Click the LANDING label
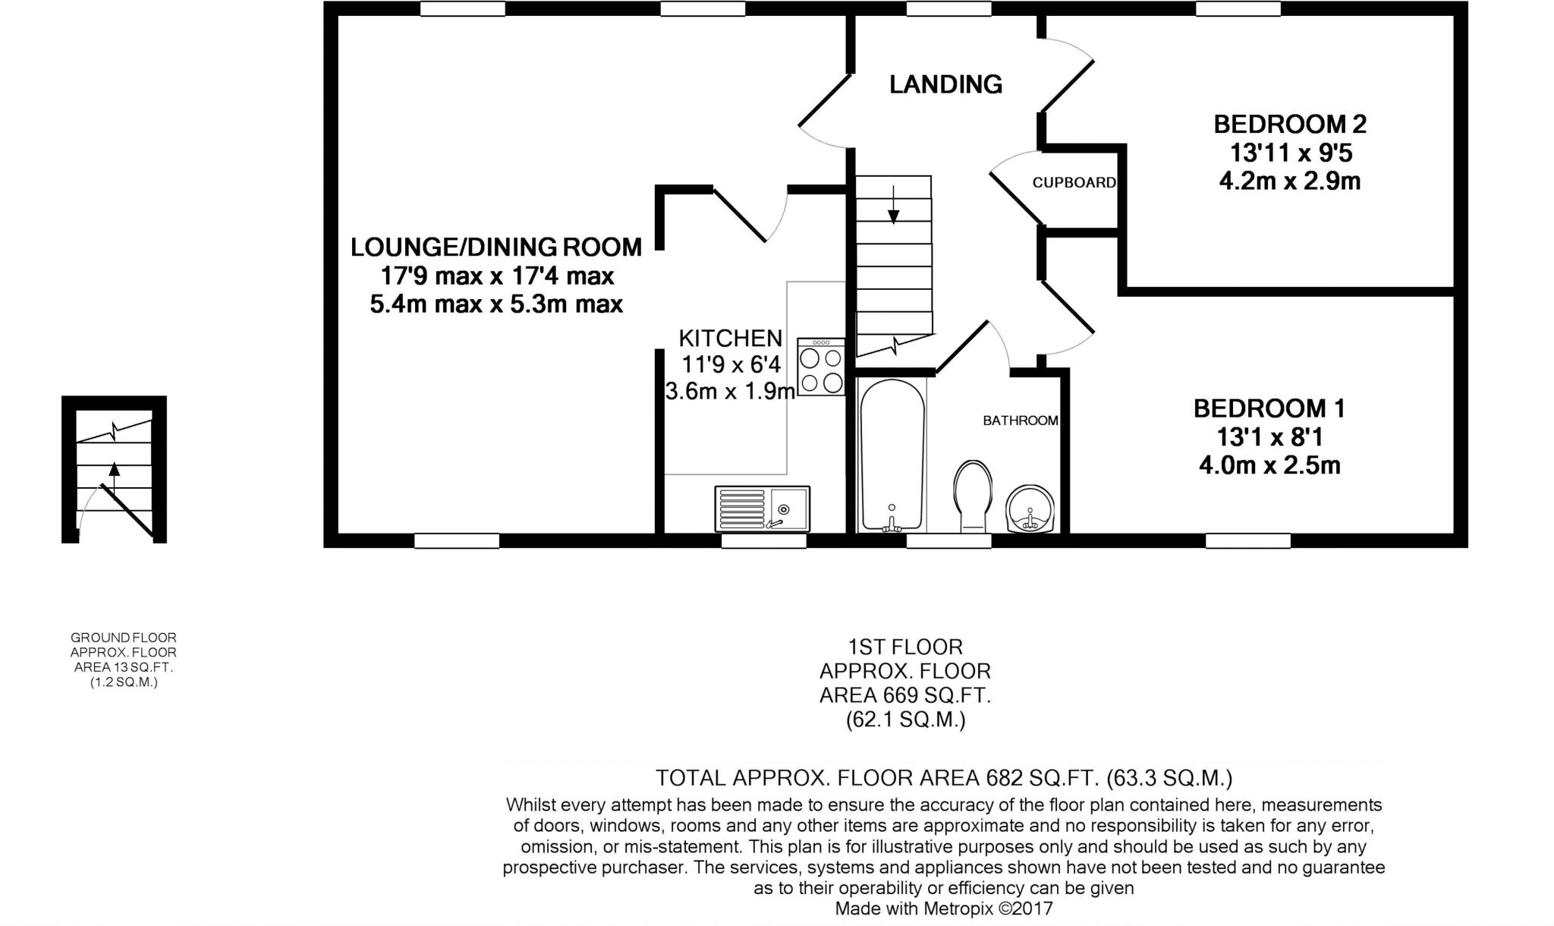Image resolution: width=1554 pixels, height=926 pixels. click(945, 84)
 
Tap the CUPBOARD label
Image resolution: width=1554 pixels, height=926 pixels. click(1074, 182)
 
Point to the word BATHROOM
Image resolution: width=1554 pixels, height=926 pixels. click(1021, 420)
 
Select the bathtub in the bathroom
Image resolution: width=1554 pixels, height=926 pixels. click(892, 455)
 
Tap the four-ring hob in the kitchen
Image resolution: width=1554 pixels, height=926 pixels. click(821, 367)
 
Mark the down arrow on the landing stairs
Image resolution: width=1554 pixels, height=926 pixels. click(893, 205)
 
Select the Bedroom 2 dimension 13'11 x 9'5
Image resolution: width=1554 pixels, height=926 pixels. click(1291, 153)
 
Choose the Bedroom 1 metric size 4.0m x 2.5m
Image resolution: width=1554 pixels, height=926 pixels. click(1269, 465)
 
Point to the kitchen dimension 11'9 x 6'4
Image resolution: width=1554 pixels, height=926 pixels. click(731, 365)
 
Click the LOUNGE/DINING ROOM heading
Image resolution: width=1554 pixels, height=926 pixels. click(496, 247)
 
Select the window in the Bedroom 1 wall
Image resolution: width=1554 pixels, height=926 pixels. click(1248, 540)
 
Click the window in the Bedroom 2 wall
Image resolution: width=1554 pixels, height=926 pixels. click(1238, 8)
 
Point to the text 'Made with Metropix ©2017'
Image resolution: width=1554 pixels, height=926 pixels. click(944, 909)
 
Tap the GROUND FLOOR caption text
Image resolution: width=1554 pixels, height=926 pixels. click(124, 638)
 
